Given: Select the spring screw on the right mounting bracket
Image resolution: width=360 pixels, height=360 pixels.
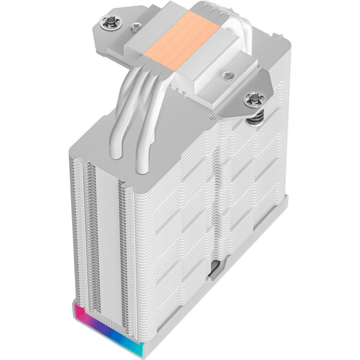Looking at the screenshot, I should pyautogui.click(x=253, y=98).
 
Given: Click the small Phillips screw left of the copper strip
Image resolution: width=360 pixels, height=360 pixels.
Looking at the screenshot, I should pyautogui.click(x=135, y=26).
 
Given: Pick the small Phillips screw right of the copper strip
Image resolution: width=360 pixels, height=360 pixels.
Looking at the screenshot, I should pyautogui.click(x=226, y=75).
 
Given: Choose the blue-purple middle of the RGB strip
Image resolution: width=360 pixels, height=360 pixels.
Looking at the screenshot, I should pyautogui.click(x=105, y=330).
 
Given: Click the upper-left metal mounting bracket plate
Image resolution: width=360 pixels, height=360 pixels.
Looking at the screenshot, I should pyautogui.click(x=109, y=39).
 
